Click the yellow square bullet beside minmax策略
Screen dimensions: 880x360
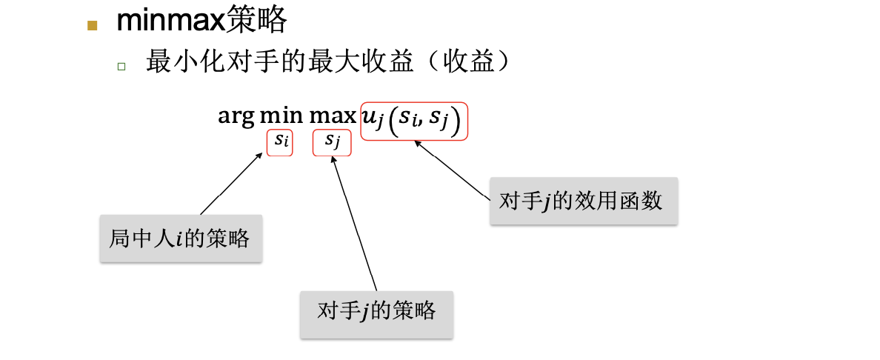click(x=93, y=25)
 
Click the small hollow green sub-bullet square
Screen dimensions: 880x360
click(x=121, y=66)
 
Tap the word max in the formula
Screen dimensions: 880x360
click(x=333, y=116)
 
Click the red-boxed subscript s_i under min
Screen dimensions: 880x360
click(x=280, y=142)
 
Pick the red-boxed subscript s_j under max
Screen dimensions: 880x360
click(x=332, y=142)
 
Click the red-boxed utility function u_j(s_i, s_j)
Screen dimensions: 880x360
click(x=414, y=121)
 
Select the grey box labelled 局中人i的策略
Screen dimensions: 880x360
click(x=180, y=239)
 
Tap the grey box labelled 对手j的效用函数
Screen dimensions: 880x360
click(x=584, y=201)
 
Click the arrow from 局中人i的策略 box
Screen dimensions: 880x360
click(x=231, y=183)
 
